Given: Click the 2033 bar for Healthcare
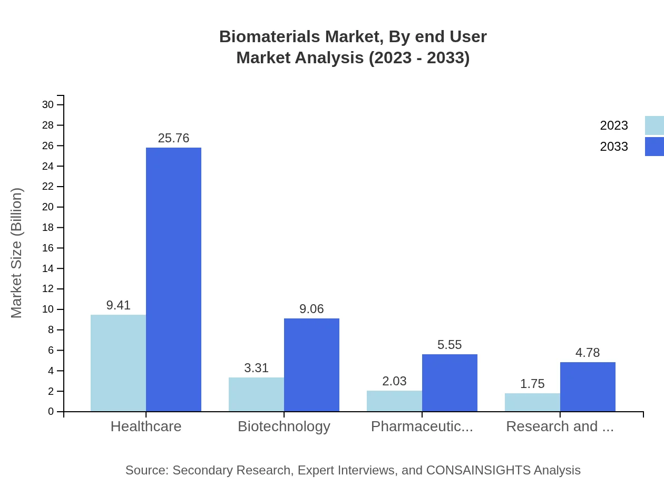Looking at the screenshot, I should [x=173, y=279].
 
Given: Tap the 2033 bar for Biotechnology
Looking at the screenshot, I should [x=311, y=365].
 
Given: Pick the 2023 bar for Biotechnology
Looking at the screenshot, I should [x=256, y=394].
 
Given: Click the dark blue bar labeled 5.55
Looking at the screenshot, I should [x=450, y=383].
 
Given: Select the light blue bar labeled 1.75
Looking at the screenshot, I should [x=532, y=402].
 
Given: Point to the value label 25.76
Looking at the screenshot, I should [x=173, y=138].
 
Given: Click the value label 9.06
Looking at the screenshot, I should [x=311, y=309].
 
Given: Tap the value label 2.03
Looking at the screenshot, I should [x=394, y=381].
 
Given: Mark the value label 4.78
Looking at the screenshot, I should [x=588, y=353].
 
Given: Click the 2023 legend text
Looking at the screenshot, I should [x=614, y=125].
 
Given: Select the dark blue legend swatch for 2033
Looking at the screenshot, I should [x=654, y=147].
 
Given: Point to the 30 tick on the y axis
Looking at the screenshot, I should [x=48, y=105].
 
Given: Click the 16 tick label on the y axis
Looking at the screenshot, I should [x=48, y=248].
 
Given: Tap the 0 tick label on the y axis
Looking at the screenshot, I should [x=51, y=412].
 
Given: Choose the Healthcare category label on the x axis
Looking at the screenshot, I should [x=146, y=426].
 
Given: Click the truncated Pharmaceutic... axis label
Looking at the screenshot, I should [x=422, y=426].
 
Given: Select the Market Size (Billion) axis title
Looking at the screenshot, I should [x=17, y=253].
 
